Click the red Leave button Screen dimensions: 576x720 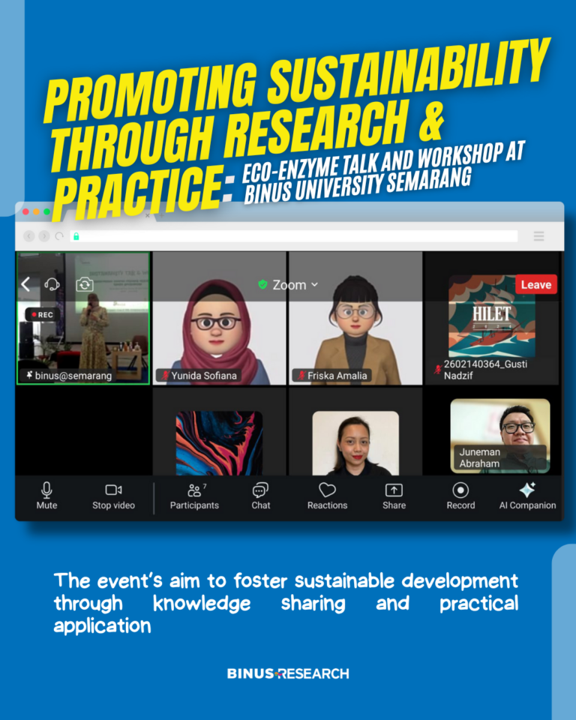pos(536,285)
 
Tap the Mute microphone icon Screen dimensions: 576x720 pos(46,490)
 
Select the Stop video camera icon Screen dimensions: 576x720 pos(113,490)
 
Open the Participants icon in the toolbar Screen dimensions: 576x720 pos(195,490)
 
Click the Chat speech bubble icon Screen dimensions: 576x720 pos(260,490)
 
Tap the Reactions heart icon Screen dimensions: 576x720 pos(327,490)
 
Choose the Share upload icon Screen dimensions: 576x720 pos(394,490)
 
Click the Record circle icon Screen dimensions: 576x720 pos(460,490)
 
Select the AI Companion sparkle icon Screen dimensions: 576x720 pos(527,490)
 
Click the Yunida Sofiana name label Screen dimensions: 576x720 pos(204,376)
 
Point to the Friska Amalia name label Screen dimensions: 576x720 pos(337,376)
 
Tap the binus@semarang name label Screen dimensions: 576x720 pos(73,376)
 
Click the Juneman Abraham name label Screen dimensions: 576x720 pos(479,457)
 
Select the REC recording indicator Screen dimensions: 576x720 pos(42,314)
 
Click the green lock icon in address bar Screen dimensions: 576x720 pos(76,236)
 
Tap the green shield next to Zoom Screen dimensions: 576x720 pos(262,285)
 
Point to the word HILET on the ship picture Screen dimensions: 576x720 pos(491,314)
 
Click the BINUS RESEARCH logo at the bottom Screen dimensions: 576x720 pos(288,673)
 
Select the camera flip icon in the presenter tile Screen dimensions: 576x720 pos(85,285)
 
